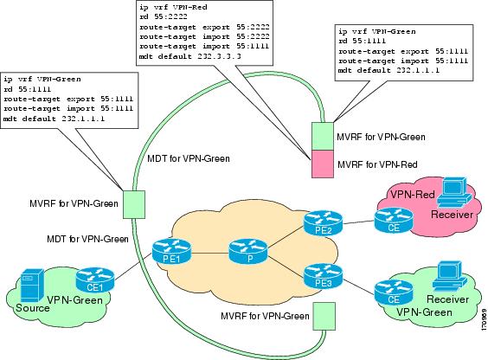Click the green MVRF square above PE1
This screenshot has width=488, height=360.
tap(134, 203)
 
